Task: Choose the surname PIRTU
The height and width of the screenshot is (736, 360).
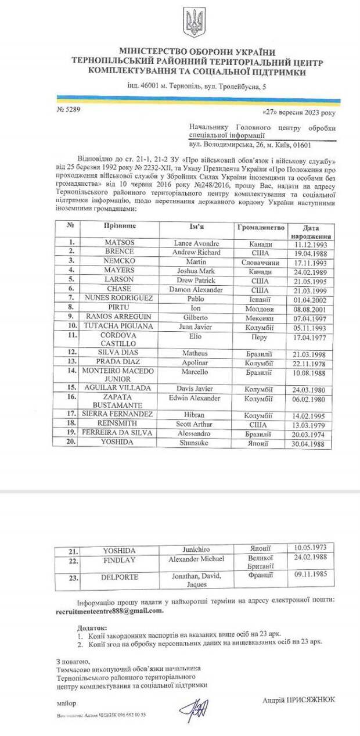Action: click(119, 307)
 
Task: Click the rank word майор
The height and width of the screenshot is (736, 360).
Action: click(67, 703)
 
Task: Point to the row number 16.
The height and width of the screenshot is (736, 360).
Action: click(69, 397)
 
